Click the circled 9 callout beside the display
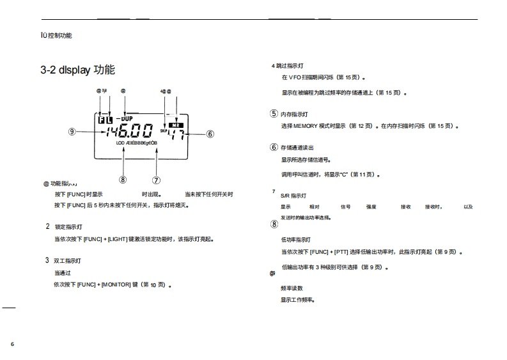pyautogui.click(x=72, y=132)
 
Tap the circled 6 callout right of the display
pyautogui.click(x=210, y=134)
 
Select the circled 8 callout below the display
pyautogui.click(x=123, y=180)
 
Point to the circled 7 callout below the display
pyautogui.click(x=156, y=180)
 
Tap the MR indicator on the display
pyautogui.click(x=175, y=125)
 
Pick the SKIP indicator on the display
pyautogui.click(x=164, y=131)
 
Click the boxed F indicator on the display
pyautogui.click(x=102, y=120)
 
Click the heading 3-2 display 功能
pyautogui.click(x=77, y=70)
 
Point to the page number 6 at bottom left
pyautogui.click(x=12, y=344)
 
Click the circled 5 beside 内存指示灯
pyautogui.click(x=274, y=114)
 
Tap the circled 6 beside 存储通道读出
pyautogui.click(x=274, y=147)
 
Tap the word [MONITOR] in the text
pyautogui.click(x=115, y=285)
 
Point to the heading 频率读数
pyautogui.click(x=292, y=288)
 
